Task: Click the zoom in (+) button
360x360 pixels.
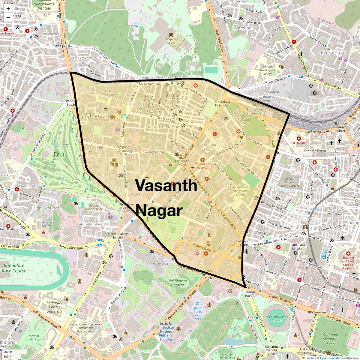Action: pos(8,9)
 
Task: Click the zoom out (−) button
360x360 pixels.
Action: pos(8,18)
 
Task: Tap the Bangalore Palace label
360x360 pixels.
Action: pos(171,41)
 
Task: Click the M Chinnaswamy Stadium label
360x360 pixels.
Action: pos(276,318)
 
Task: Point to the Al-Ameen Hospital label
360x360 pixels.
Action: pos(202,166)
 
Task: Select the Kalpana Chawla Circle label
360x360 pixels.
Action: pos(124,151)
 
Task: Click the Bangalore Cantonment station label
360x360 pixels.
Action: pos(255,111)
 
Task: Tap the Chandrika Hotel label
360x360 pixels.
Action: pos(182,163)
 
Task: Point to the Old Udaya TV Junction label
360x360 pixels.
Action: pos(223,103)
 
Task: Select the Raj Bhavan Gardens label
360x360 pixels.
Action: pos(178,283)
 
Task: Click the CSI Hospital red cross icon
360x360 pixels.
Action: pos(298,139)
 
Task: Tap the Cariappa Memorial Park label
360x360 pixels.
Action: pos(330,339)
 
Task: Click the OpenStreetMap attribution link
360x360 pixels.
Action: pos(330,358)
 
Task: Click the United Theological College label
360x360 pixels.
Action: pos(267,70)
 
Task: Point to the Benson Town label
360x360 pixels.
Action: pos(334,52)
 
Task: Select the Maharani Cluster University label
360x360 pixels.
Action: pos(54,307)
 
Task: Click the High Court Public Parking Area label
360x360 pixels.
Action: pos(198,313)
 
